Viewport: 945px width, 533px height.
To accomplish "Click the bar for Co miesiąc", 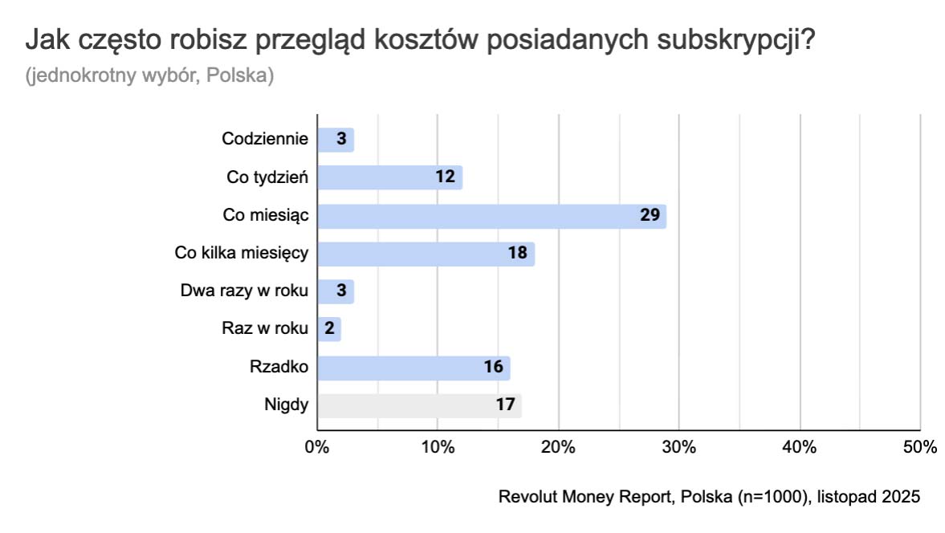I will pyautogui.click(x=491, y=215).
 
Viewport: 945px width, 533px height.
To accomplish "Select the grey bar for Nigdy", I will pyautogui.click(x=419, y=405).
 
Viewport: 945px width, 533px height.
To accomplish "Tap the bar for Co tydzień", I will pyautogui.click(x=389, y=177).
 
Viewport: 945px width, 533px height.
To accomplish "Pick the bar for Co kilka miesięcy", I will pyautogui.click(x=426, y=254).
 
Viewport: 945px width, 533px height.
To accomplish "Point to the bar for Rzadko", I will pyautogui.click(x=413, y=368).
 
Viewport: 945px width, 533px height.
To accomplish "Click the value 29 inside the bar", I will pyautogui.click(x=650, y=215).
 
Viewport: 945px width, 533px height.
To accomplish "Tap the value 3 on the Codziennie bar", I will pyautogui.click(x=341, y=139).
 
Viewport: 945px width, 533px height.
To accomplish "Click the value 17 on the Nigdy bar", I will pyautogui.click(x=505, y=405).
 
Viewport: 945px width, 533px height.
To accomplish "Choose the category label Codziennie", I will pyautogui.click(x=265, y=139).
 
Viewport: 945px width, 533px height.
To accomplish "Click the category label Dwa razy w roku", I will pyautogui.click(x=245, y=291).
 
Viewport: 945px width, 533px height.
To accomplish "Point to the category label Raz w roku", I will pyautogui.click(x=265, y=328).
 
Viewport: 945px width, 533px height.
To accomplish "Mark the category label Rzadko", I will pyautogui.click(x=279, y=367).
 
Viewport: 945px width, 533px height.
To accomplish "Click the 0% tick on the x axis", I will pyautogui.click(x=317, y=448).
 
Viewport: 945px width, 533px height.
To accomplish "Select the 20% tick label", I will pyautogui.click(x=558, y=448).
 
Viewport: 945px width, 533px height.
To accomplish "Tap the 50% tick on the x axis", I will pyautogui.click(x=919, y=448).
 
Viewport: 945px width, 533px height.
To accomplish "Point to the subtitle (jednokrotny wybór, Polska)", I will pyautogui.click(x=150, y=76).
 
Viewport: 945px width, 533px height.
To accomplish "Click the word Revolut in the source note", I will pyautogui.click(x=525, y=497).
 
